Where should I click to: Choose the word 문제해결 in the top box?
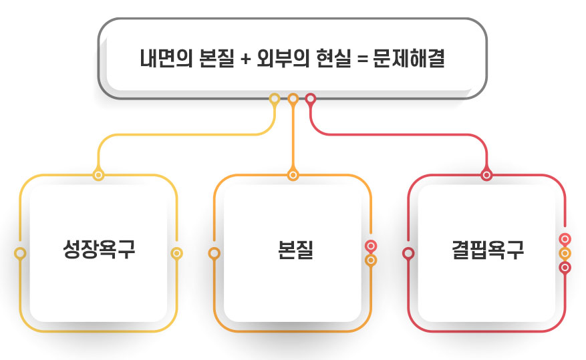click(x=409, y=59)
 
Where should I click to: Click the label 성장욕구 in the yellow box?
click(x=99, y=252)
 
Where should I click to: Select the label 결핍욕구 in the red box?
click(x=488, y=252)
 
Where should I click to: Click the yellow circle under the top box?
click(x=274, y=99)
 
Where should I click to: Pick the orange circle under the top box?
click(x=293, y=99)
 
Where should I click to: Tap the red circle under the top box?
click(x=311, y=99)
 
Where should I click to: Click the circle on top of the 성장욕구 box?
click(x=99, y=176)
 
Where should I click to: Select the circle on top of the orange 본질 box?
click(x=293, y=176)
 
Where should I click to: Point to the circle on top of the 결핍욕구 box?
click(x=486, y=176)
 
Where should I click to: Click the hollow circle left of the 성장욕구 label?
click(x=21, y=253)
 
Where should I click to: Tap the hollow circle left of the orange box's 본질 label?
click(x=214, y=253)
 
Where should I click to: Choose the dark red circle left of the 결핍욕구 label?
click(x=408, y=253)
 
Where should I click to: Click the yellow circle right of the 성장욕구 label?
click(x=177, y=253)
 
